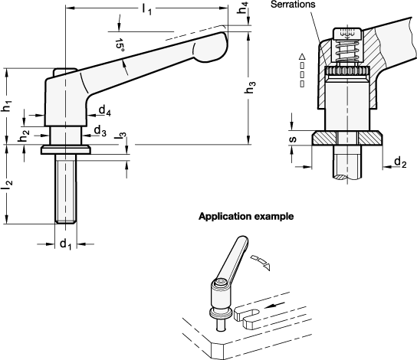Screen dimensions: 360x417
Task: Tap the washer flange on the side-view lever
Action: [66, 150]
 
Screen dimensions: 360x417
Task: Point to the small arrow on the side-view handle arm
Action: [125, 67]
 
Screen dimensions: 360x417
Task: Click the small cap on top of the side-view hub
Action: [64, 73]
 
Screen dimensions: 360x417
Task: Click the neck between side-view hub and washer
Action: [66, 136]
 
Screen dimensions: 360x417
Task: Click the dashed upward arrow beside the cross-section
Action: [302, 70]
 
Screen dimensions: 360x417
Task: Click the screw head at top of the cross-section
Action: [347, 32]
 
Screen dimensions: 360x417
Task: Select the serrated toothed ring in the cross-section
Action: [347, 70]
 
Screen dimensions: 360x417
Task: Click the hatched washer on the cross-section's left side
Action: [324, 138]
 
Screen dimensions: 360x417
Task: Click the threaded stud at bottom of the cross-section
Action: [347, 162]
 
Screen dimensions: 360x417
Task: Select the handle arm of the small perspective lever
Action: [233, 258]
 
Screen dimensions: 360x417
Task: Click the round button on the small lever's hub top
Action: [221, 283]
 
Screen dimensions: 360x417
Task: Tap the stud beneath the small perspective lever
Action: [221, 325]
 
